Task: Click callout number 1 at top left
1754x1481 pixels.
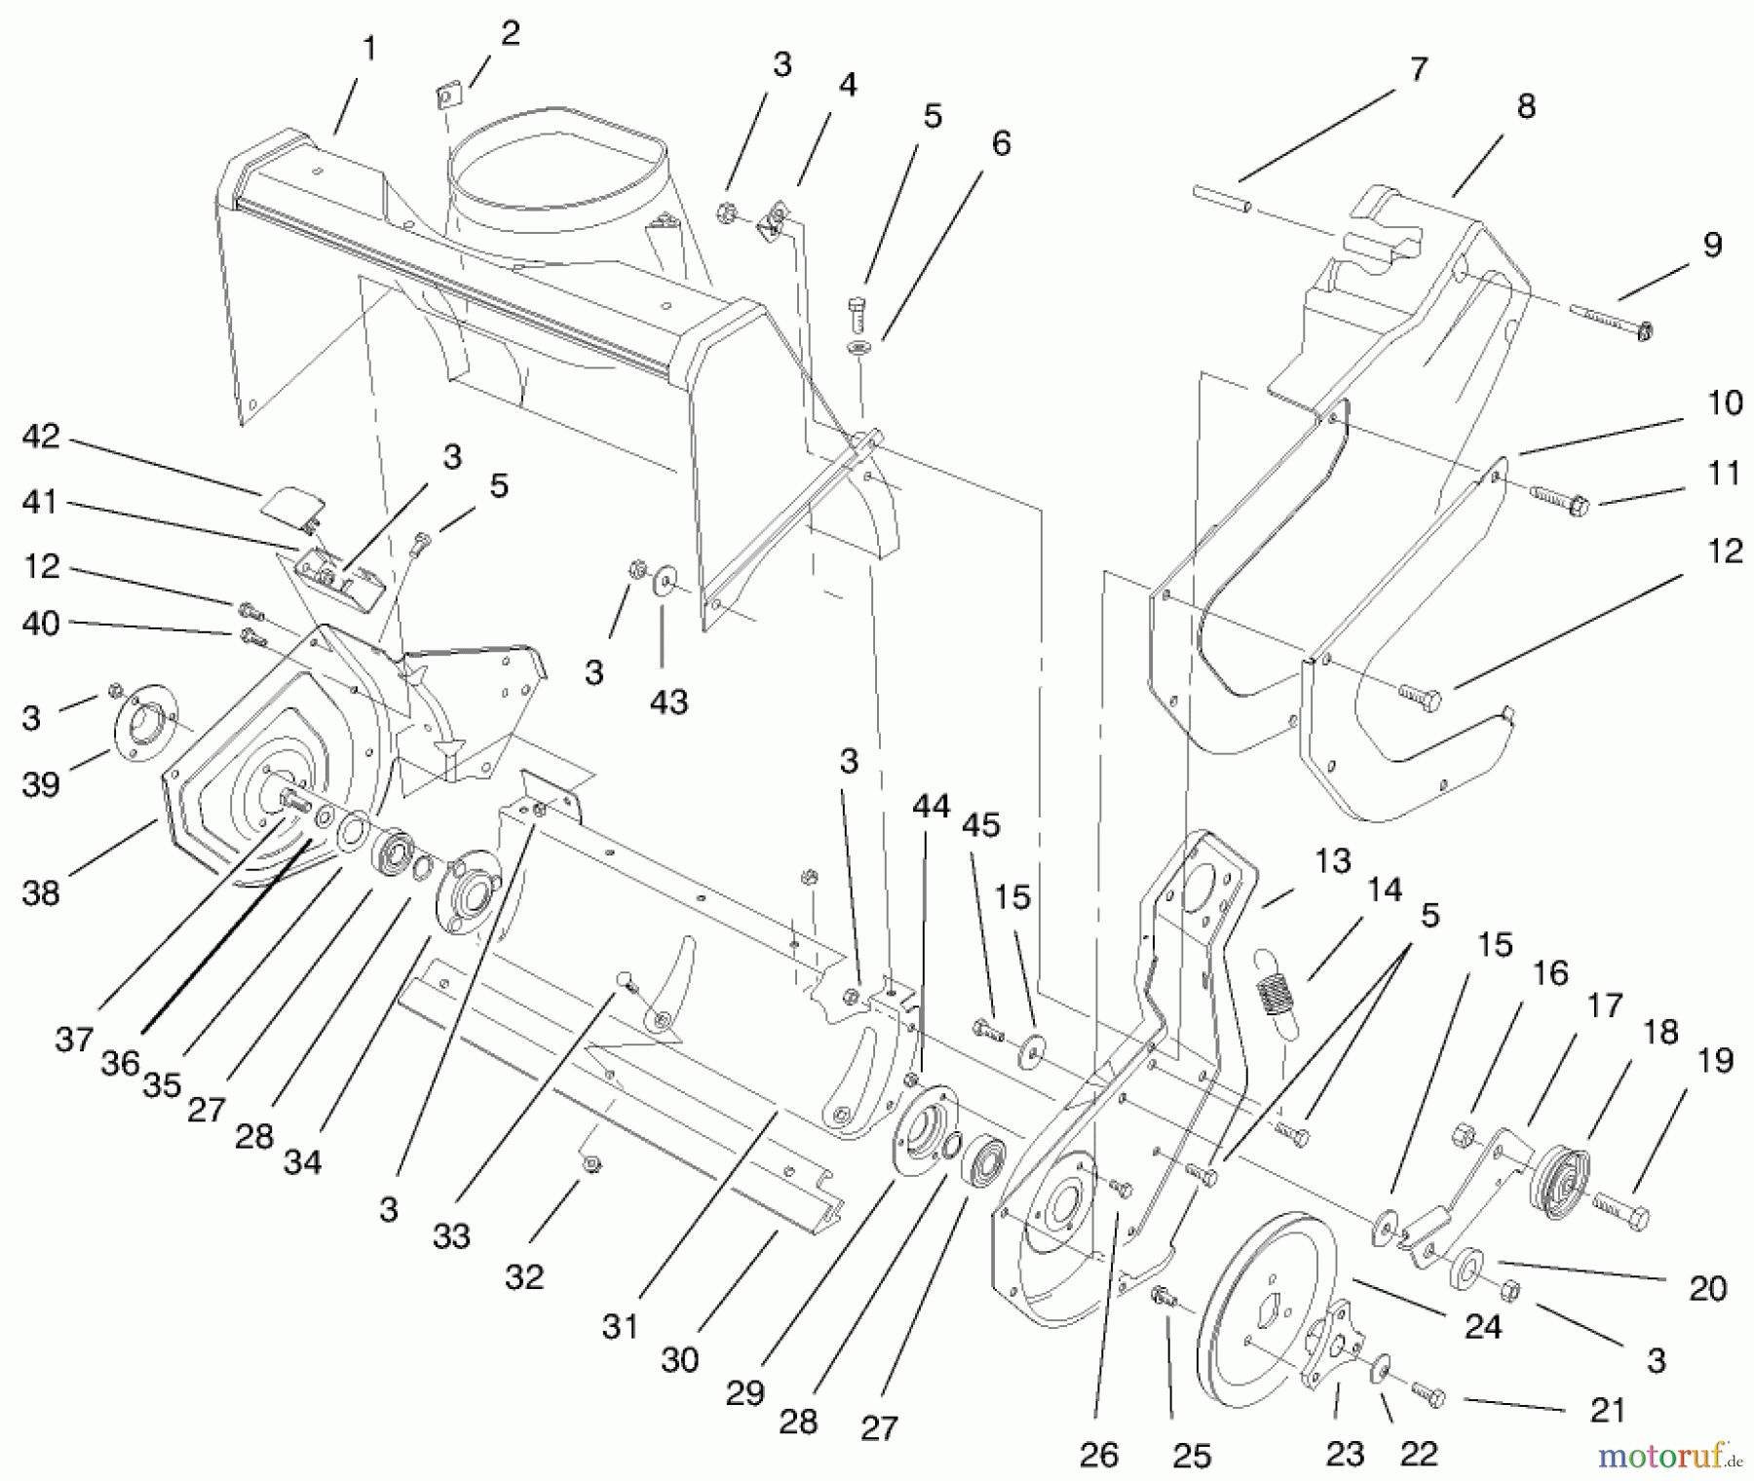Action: [368, 49]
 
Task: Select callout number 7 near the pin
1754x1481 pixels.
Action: [1418, 70]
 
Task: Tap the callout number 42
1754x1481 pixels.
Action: [41, 437]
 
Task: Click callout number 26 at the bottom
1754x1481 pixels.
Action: [1098, 1455]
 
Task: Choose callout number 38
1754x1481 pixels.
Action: [41, 892]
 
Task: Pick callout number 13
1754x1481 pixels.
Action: [1332, 861]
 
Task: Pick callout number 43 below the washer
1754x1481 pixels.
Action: [668, 702]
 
